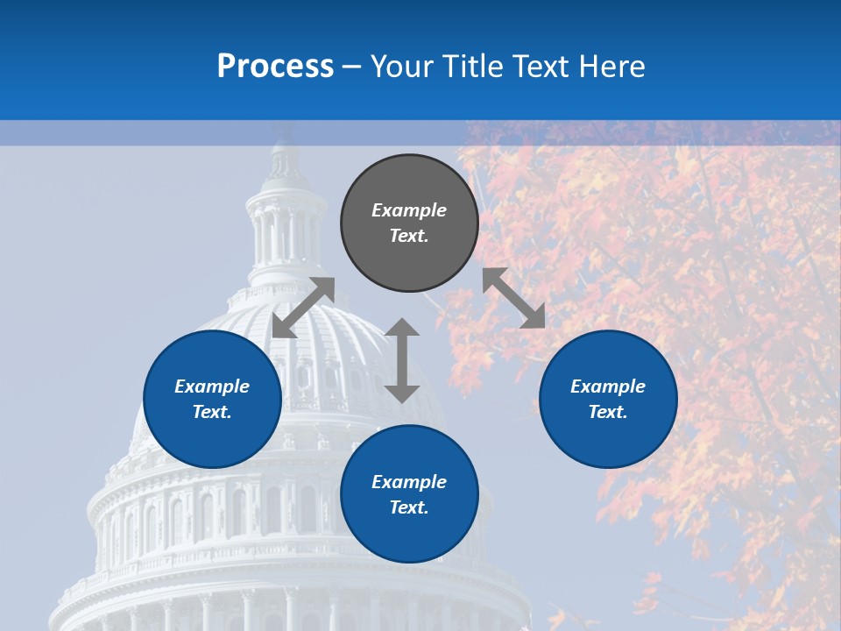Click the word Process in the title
coord(275,67)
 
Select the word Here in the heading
coord(612,67)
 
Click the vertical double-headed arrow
coord(402,360)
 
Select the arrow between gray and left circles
coord(304,307)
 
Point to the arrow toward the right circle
coord(514,298)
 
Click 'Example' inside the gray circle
coord(409,210)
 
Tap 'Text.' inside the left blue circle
coord(212,412)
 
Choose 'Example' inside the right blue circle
coord(608,386)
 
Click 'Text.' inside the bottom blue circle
coord(409,507)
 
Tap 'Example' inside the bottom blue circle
coord(409,482)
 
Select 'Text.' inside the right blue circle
coord(608,412)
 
